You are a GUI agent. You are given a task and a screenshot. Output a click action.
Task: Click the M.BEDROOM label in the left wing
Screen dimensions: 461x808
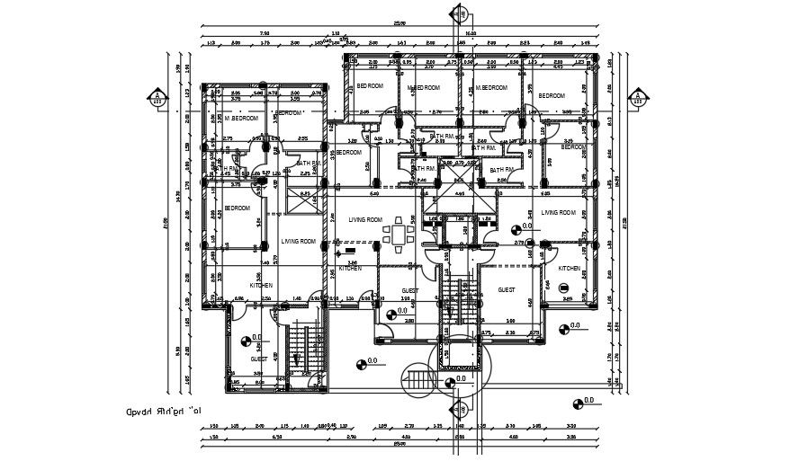pyautogui.click(x=241, y=119)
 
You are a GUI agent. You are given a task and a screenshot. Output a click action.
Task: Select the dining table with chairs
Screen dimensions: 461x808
pyautogui.click(x=397, y=235)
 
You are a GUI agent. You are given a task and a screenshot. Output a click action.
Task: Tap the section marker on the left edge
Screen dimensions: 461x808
pyautogui.click(x=158, y=97)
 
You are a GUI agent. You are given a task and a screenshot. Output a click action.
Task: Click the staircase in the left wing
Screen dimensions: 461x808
pyautogui.click(x=301, y=349)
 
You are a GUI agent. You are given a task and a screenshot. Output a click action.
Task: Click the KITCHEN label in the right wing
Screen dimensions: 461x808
pyautogui.click(x=569, y=269)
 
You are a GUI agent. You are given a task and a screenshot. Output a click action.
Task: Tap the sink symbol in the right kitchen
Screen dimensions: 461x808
pyautogui.click(x=565, y=288)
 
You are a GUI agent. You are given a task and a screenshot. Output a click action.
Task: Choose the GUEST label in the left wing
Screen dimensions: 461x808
pyautogui.click(x=258, y=359)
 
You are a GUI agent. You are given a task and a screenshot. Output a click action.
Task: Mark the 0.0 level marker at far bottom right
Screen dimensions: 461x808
pyautogui.click(x=579, y=400)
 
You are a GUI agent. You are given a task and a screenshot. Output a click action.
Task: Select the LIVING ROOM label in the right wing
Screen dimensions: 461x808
pyautogui.click(x=558, y=213)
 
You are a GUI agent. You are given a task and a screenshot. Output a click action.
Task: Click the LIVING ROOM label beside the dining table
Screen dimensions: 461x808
pyautogui.click(x=365, y=219)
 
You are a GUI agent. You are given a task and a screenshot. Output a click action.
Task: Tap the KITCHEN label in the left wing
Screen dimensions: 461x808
pyautogui.click(x=260, y=286)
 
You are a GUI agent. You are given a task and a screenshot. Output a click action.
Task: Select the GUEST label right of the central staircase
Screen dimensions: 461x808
pyautogui.click(x=506, y=290)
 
